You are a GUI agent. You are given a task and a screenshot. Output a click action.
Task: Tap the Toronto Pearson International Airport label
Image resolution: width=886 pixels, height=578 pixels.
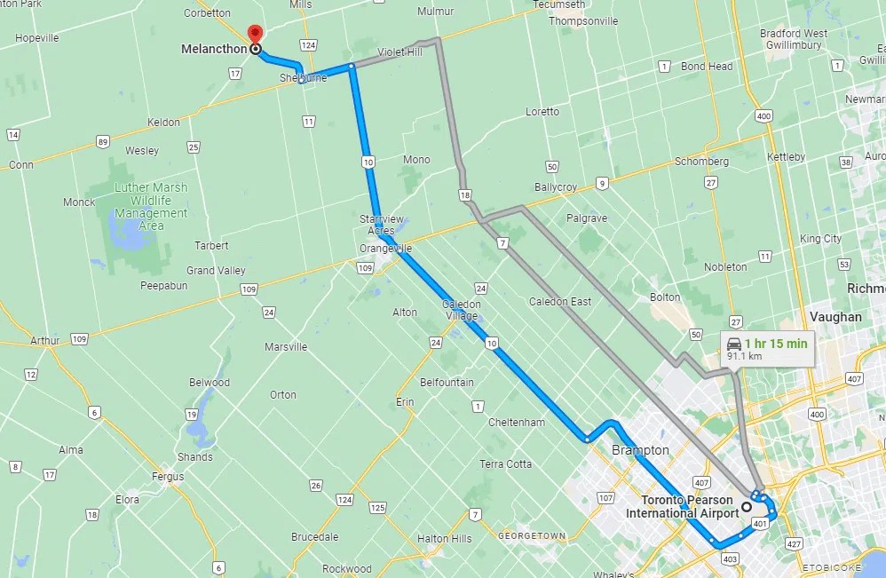click(x=682, y=506)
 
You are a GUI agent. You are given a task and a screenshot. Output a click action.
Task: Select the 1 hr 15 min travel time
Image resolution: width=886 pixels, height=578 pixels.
click(x=775, y=344)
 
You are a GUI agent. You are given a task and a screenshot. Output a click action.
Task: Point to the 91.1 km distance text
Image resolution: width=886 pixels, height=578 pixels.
click(x=744, y=356)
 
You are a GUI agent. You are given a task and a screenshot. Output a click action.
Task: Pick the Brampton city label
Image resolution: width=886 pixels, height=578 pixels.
click(x=640, y=450)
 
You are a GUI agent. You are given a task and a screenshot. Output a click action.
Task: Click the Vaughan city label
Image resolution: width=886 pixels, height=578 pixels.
click(x=835, y=316)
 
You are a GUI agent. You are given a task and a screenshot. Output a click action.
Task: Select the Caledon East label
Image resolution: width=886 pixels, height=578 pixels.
click(x=560, y=302)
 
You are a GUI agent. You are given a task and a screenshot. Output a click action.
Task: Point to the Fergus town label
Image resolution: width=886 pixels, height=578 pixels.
click(x=168, y=477)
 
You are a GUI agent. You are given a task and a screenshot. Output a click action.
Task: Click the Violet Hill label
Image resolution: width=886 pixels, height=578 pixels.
click(x=400, y=52)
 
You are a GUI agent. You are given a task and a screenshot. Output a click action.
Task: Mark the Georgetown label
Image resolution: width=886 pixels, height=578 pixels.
click(x=532, y=536)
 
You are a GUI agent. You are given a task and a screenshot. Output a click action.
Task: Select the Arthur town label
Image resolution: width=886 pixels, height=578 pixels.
click(x=45, y=340)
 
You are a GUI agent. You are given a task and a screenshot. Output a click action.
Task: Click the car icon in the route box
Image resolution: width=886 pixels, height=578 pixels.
click(x=734, y=344)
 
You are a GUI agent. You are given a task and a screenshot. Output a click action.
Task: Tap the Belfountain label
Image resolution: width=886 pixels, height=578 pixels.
click(x=447, y=383)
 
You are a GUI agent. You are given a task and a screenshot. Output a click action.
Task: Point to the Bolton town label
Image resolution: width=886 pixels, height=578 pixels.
click(x=665, y=297)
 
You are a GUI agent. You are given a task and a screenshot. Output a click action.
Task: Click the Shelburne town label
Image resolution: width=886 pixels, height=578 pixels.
click(x=303, y=78)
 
